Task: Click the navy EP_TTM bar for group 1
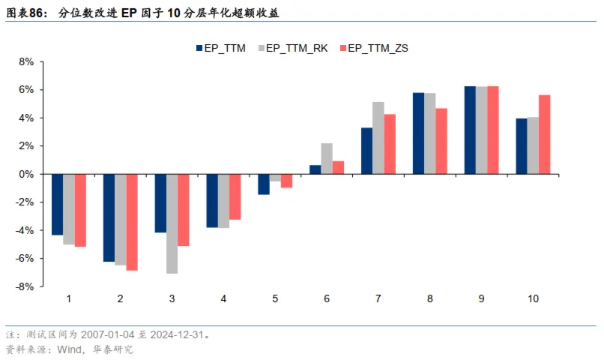[x=57, y=204]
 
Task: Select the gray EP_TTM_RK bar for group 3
[x=172, y=223]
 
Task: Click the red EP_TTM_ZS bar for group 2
[x=132, y=222]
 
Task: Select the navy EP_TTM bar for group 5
[x=264, y=184]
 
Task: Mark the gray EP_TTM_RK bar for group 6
[x=327, y=158]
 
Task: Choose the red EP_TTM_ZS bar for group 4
[x=235, y=196]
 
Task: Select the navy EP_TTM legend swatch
[x=200, y=48]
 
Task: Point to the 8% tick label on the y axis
[x=27, y=61]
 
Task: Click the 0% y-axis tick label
[x=27, y=174]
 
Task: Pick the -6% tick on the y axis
[x=25, y=258]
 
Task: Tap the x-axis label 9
[x=481, y=298]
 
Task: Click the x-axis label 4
[x=223, y=298]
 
